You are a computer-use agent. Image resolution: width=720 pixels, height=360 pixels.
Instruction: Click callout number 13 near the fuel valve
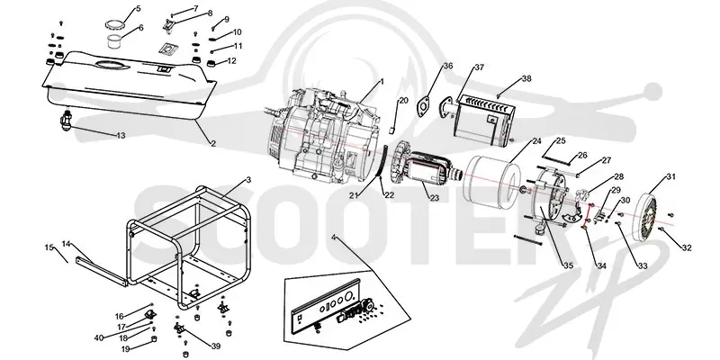(x=121, y=136)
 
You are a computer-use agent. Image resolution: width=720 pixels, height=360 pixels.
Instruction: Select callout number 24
(x=536, y=141)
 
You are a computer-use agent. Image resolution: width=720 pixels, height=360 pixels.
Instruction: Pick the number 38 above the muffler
(x=526, y=79)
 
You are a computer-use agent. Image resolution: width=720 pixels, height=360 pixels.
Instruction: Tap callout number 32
(x=687, y=248)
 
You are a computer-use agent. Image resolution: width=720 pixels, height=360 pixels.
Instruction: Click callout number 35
(x=569, y=265)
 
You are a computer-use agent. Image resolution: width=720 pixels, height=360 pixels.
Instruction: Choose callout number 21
(x=353, y=195)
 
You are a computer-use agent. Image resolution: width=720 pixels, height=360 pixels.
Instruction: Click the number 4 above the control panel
(x=334, y=238)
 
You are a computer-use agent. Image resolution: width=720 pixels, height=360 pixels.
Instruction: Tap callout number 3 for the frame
(x=248, y=180)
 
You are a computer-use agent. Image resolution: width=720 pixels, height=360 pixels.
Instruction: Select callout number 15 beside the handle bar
(x=49, y=247)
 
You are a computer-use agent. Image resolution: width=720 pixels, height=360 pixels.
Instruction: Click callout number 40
(x=99, y=338)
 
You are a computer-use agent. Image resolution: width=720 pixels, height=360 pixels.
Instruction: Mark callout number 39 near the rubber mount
(x=216, y=346)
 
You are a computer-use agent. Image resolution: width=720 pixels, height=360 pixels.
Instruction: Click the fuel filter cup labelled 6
(x=114, y=40)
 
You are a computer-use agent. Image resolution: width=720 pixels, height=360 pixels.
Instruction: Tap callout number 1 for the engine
(x=382, y=82)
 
